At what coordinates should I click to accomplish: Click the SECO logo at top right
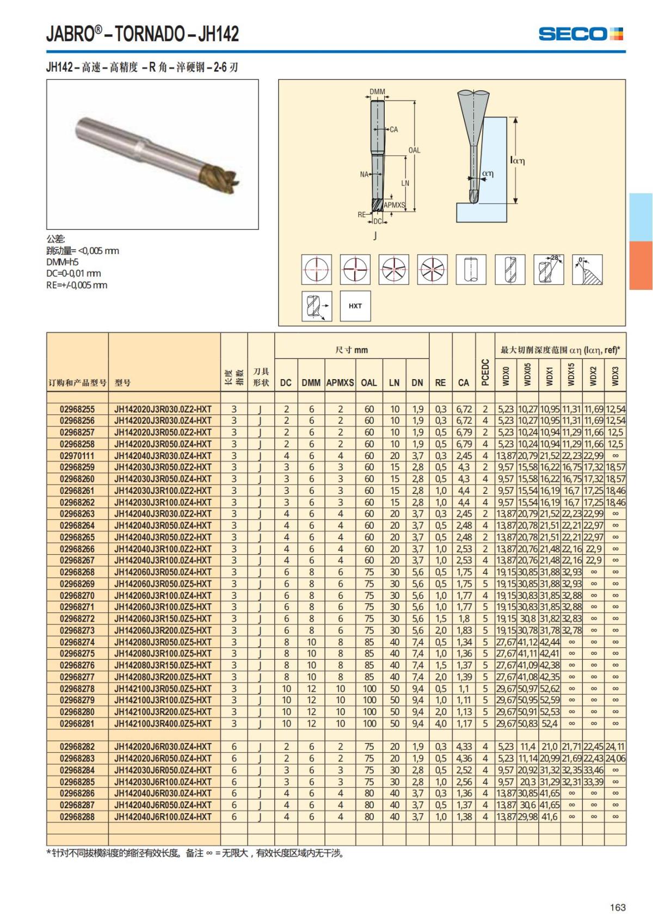(580, 34)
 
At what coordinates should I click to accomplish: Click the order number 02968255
(77, 409)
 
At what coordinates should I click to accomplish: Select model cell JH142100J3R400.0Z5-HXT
(163, 723)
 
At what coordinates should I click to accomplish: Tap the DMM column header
(311, 382)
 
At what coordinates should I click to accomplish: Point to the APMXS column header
(340, 382)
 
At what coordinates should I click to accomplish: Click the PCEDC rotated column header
(485, 373)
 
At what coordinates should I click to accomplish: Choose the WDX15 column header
(571, 375)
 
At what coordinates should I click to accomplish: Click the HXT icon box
(355, 306)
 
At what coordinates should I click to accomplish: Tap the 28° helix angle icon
(548, 269)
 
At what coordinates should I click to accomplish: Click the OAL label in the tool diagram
(414, 150)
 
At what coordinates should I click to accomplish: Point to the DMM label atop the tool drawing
(377, 92)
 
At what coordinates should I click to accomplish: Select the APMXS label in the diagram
(395, 205)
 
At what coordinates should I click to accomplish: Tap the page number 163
(618, 907)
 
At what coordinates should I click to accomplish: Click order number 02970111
(77, 456)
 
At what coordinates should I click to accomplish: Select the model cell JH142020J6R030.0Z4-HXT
(163, 747)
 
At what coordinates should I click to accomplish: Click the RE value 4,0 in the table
(441, 723)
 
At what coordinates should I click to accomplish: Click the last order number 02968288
(77, 816)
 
